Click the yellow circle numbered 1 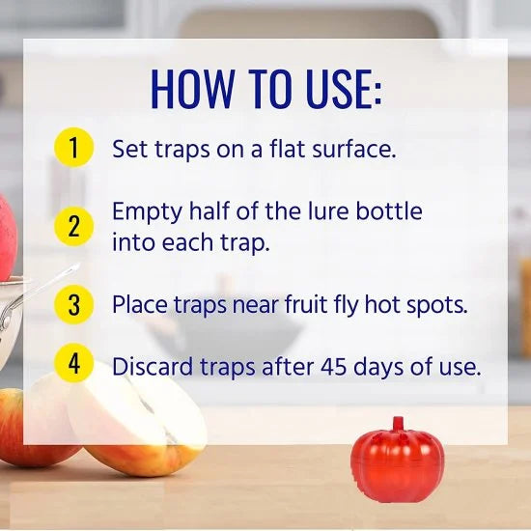tap(74, 149)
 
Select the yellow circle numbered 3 tap(74, 304)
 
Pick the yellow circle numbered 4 tap(74, 365)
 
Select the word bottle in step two tap(390, 210)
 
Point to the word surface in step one tap(344, 150)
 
